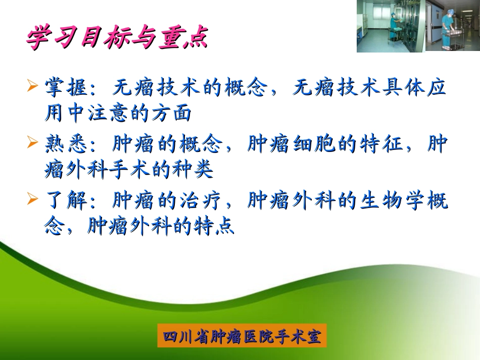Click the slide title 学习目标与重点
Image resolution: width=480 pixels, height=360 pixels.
click(x=117, y=38)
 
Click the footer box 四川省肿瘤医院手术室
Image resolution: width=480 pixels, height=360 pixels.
click(x=242, y=335)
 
